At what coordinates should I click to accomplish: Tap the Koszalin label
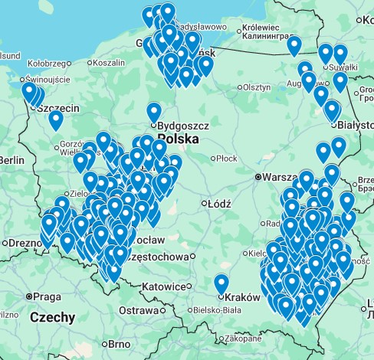[108, 63]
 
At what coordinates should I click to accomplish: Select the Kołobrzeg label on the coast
[49, 63]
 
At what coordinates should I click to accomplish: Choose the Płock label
[227, 159]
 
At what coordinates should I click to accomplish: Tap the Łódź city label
[220, 204]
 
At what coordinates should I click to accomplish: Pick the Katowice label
[165, 286]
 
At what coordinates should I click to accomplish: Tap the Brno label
[119, 345]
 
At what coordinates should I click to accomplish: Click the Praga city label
[47, 296]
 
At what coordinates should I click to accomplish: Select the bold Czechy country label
[52, 317]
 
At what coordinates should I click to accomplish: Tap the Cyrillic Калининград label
[267, 35]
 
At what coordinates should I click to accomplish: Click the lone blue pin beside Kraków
[221, 284]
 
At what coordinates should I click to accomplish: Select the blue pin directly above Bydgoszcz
[154, 113]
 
